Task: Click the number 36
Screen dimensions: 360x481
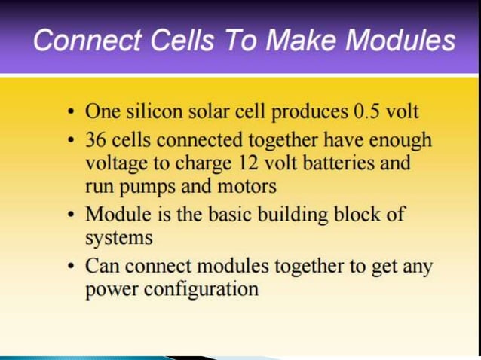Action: pyautogui.click(x=96, y=140)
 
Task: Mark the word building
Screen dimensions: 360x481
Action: pyautogui.click(x=299, y=214)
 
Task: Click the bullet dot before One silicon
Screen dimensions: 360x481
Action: pyautogui.click(x=70, y=114)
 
